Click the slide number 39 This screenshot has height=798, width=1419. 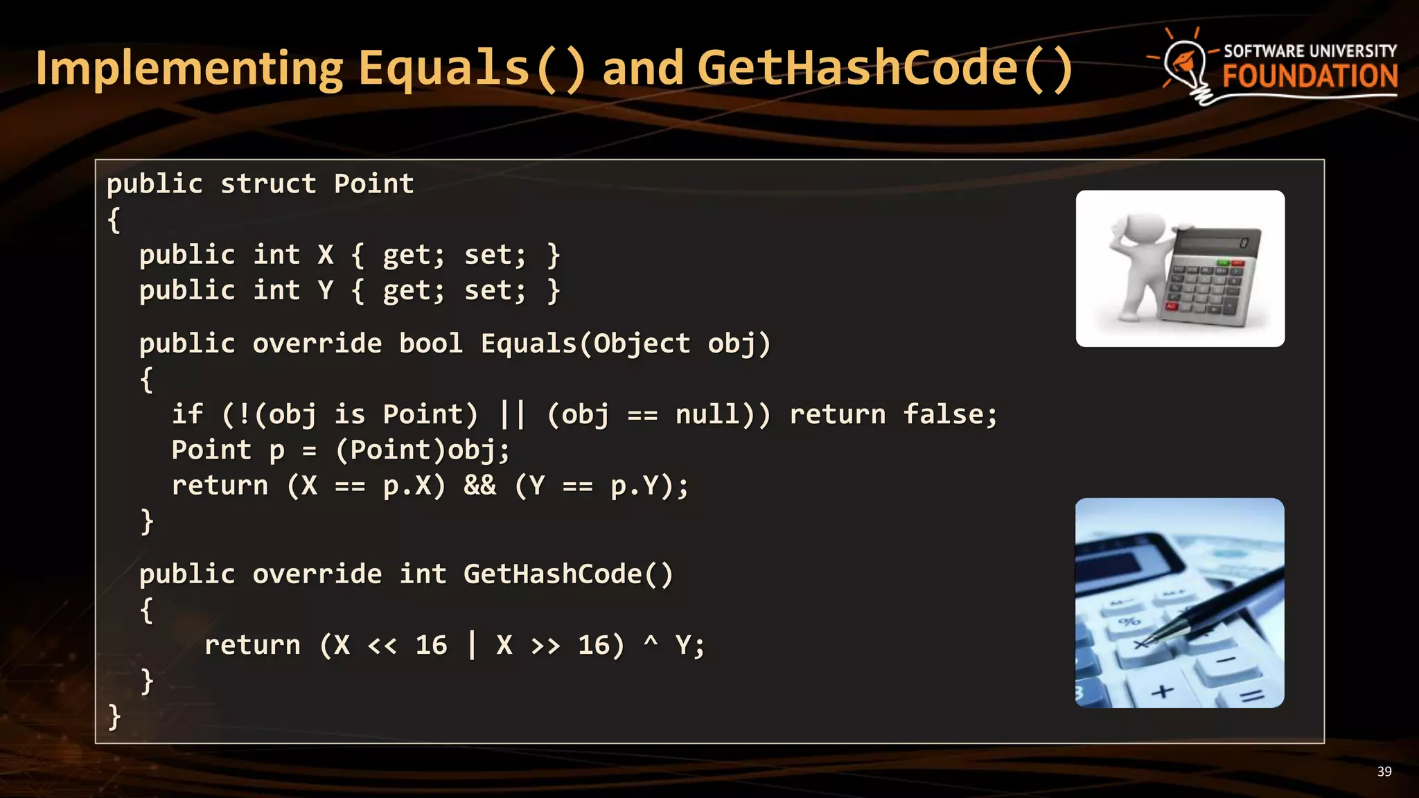1384,772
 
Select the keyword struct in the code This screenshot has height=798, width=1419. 268,184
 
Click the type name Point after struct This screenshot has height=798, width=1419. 374,184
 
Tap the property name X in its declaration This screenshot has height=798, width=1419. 326,255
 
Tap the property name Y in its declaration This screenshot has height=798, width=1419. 326,290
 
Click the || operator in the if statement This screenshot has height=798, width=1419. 513,414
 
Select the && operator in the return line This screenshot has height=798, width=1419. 480,486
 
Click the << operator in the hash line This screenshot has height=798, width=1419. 382,646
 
